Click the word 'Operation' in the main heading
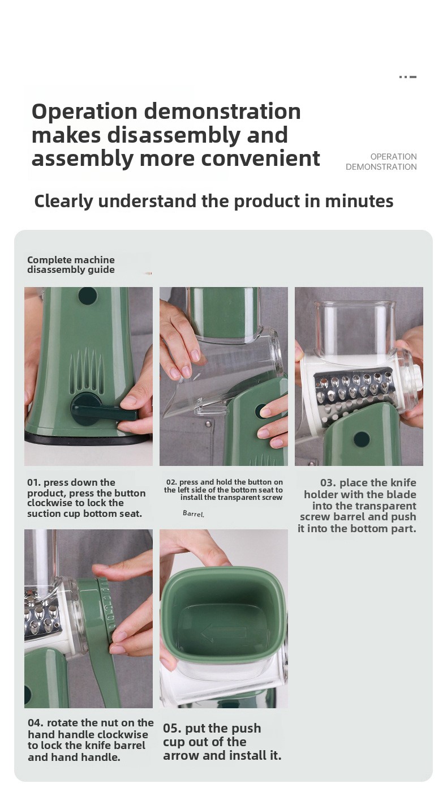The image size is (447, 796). point(84,112)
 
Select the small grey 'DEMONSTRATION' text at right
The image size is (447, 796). point(381,166)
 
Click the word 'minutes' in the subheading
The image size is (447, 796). point(359,201)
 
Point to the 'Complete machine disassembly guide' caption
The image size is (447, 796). point(71,265)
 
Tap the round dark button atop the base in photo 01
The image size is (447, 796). point(88,296)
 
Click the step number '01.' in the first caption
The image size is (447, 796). point(34,482)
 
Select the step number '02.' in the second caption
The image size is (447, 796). point(171,482)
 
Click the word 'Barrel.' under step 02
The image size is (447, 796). point(194,513)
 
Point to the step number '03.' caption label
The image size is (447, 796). point(328,483)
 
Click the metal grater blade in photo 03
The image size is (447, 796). point(353,391)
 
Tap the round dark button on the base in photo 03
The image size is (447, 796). point(362,439)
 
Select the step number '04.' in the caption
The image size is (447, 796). point(36,723)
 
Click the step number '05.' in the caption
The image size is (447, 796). point(172,728)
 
